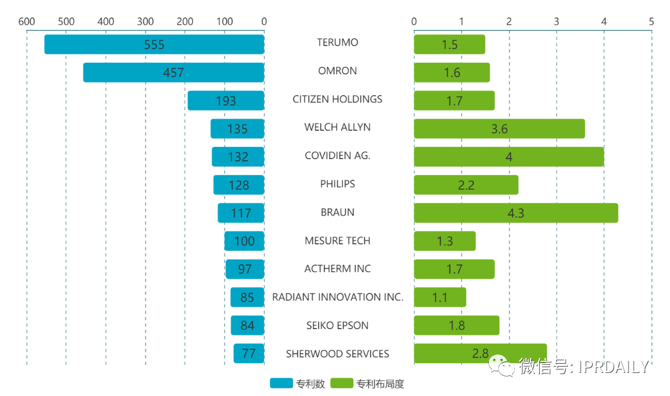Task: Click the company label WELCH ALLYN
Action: pyautogui.click(x=337, y=127)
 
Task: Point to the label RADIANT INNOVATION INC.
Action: pyautogui.click(x=337, y=297)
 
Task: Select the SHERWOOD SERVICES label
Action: pyautogui.click(x=337, y=354)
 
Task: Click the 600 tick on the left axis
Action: pyautogui.click(x=27, y=22)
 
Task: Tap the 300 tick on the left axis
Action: pyautogui.click(x=145, y=22)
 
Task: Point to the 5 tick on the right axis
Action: pyautogui.click(x=652, y=22)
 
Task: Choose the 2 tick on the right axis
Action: pyautogui.click(x=509, y=22)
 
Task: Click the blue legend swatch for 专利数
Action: pyautogui.click(x=281, y=383)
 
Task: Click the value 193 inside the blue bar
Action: pyautogui.click(x=226, y=101)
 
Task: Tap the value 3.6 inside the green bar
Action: pyautogui.click(x=499, y=129)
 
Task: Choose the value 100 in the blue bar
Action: pyautogui.click(x=244, y=242)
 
